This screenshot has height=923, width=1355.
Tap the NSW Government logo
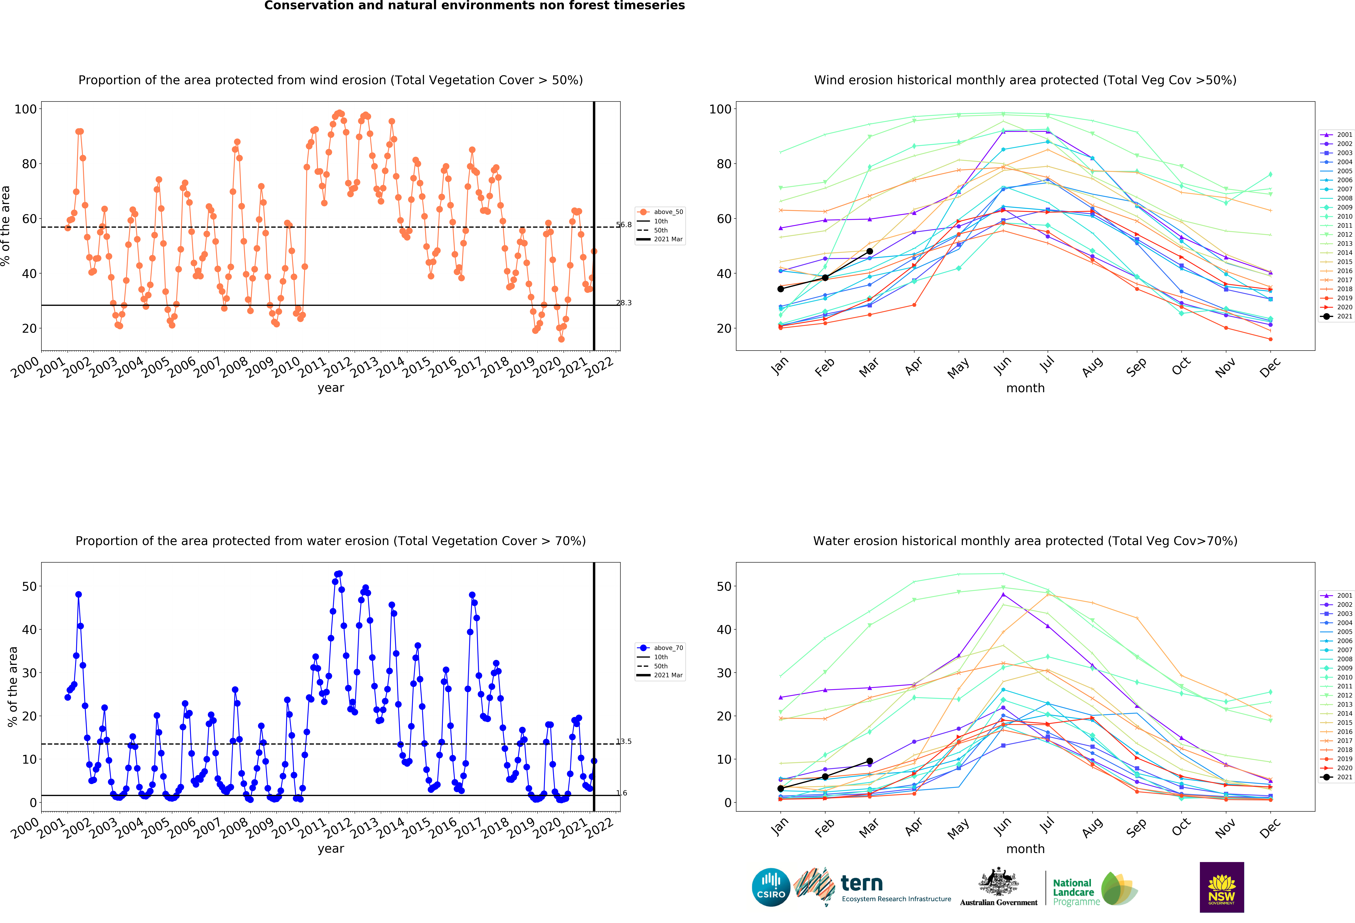tap(1221, 887)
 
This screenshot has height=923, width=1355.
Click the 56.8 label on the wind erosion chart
tap(624, 224)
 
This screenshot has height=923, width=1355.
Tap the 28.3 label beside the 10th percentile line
tap(624, 302)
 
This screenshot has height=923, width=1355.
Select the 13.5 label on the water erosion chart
tap(624, 741)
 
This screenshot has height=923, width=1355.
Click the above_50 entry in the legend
tap(660, 212)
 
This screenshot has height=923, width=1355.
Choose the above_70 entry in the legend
tap(660, 648)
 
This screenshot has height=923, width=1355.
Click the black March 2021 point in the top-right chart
tap(869, 251)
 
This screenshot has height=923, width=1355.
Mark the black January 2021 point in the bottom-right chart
tap(781, 788)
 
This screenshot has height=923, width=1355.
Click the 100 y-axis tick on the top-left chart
tap(26, 109)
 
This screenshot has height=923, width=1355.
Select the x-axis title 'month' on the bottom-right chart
tap(1025, 848)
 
